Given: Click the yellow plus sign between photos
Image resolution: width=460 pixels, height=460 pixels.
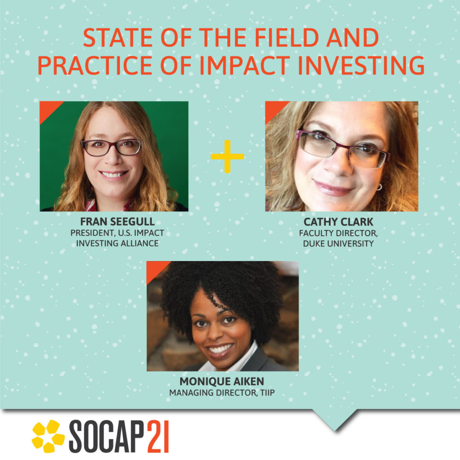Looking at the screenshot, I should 227,156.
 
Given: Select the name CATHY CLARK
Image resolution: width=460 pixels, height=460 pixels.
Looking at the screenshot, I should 338,222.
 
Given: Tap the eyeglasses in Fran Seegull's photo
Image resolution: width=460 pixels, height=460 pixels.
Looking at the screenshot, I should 111,147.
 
